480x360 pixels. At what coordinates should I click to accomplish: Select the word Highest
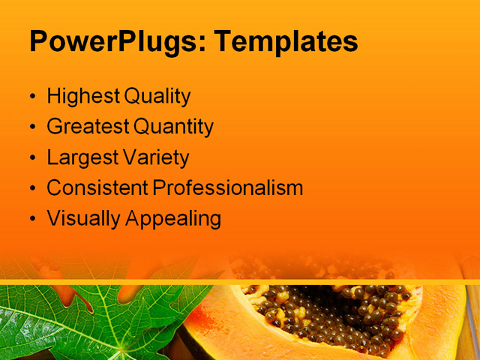pyautogui.click(x=82, y=97)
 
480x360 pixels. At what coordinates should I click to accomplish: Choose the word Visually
pyautogui.click(x=81, y=219)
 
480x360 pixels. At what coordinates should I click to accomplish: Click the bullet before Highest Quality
pyautogui.click(x=32, y=97)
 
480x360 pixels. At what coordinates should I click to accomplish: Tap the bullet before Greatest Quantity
pyautogui.click(x=32, y=128)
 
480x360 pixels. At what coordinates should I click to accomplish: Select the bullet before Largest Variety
pyautogui.click(x=32, y=158)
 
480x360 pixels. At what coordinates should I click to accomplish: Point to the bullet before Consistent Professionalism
pyautogui.click(x=32, y=189)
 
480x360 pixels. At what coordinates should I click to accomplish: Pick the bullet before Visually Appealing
pyautogui.click(x=32, y=220)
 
